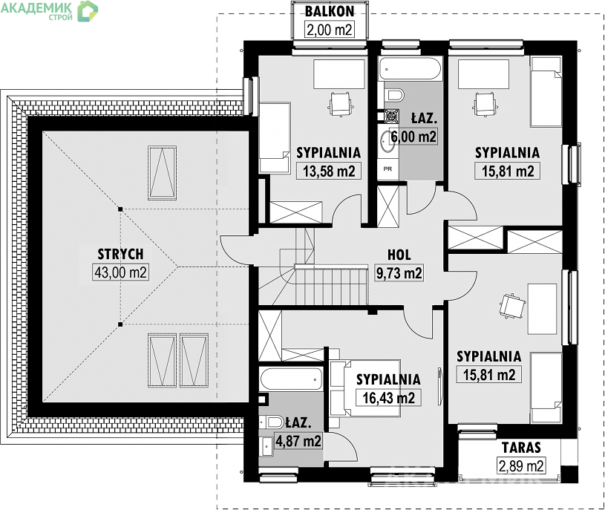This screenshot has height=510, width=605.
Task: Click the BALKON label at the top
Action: pos(330,12)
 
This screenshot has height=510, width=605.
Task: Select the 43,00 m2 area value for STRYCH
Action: pos(121,272)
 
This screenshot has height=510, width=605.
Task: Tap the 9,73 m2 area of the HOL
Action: pos(399,272)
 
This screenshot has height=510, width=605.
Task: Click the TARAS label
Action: pos(521,448)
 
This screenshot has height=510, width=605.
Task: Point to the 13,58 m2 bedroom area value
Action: pos(329,171)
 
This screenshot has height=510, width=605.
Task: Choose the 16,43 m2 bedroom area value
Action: pos(388,397)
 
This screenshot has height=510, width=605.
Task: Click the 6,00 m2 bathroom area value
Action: pos(413,136)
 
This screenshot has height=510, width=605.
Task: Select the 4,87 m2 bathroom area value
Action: pos(298,440)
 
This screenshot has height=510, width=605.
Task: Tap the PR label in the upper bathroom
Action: pos(387,169)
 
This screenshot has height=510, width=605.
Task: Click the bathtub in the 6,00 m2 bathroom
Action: pos(409,69)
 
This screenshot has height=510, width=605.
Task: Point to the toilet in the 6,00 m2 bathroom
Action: pos(394,94)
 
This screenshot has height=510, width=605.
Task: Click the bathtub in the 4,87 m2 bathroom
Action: pos(291,379)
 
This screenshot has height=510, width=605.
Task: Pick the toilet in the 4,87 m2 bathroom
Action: pos(271,422)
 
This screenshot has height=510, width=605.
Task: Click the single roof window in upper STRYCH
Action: pos(162,173)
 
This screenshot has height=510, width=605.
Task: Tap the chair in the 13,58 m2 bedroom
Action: pos(340,104)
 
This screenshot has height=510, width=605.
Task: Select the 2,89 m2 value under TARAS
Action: pos(521,465)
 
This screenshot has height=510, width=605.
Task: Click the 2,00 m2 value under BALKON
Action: pos(330,29)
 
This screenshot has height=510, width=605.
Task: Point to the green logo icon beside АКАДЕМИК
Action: pos(88,11)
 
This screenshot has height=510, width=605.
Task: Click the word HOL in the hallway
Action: pos(399,255)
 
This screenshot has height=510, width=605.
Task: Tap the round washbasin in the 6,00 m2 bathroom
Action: pos(386,142)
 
